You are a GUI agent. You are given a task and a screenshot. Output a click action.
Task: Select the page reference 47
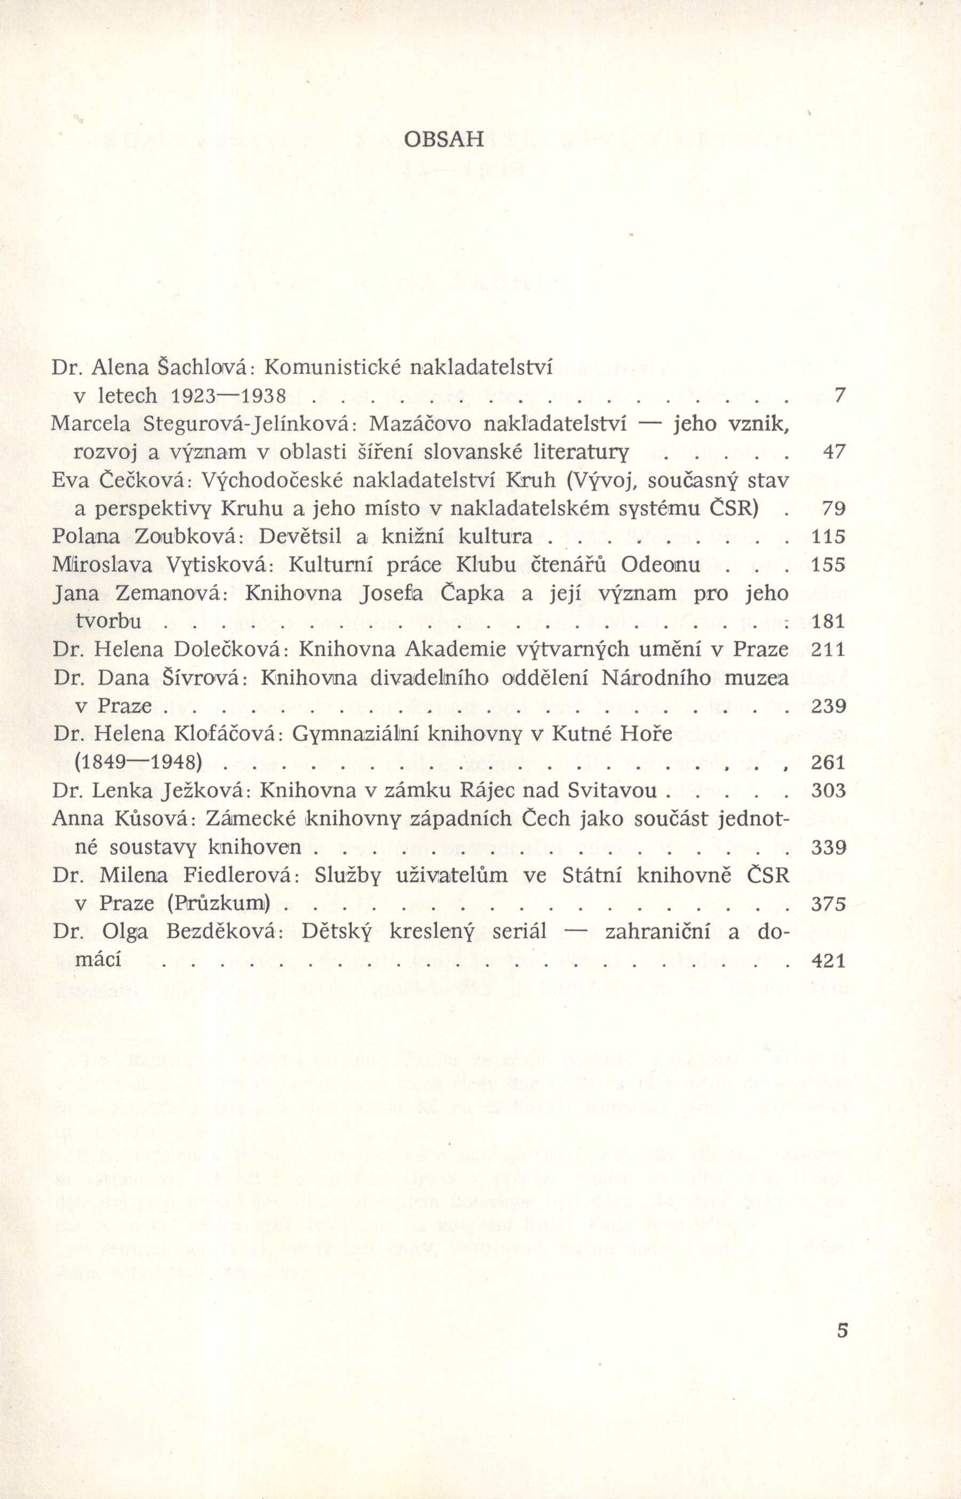coord(833,452)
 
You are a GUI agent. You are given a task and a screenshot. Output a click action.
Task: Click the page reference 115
coord(828,537)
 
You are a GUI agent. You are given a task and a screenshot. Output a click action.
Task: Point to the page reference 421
coord(828,960)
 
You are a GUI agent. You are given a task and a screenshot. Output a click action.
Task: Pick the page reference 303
coord(828,791)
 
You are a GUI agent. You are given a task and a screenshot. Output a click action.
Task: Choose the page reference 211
coord(828,649)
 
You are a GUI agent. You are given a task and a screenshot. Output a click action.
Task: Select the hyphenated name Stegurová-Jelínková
coord(249,424)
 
